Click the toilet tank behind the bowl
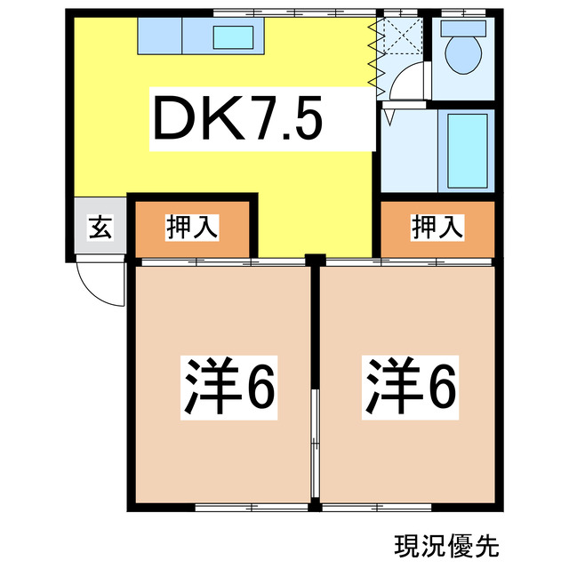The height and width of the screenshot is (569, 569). point(462,26)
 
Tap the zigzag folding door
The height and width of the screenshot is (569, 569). point(373,56)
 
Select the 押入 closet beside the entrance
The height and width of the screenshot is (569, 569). point(192,228)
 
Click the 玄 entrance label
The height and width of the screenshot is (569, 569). point(100,228)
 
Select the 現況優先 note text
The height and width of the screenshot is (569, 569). point(437,541)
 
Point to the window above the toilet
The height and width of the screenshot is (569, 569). point(461,12)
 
